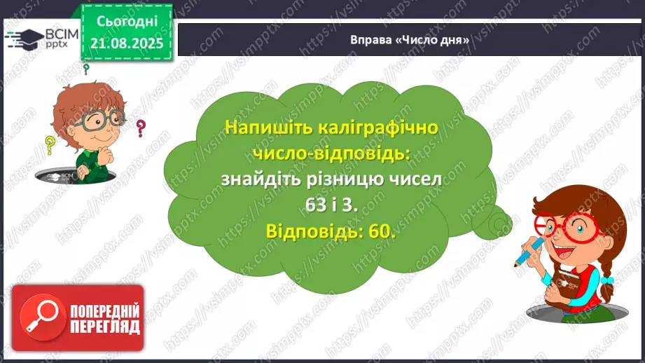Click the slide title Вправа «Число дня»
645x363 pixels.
click(409, 40)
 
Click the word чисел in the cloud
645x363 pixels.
click(414, 179)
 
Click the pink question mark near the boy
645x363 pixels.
click(141, 128)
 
